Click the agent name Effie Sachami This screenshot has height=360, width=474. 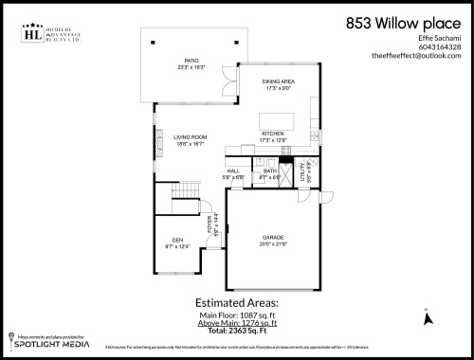click(442, 38)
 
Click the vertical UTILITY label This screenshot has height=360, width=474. click(303, 172)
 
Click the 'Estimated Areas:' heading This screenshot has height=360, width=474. click(237, 305)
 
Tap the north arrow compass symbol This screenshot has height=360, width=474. click(428, 317)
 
